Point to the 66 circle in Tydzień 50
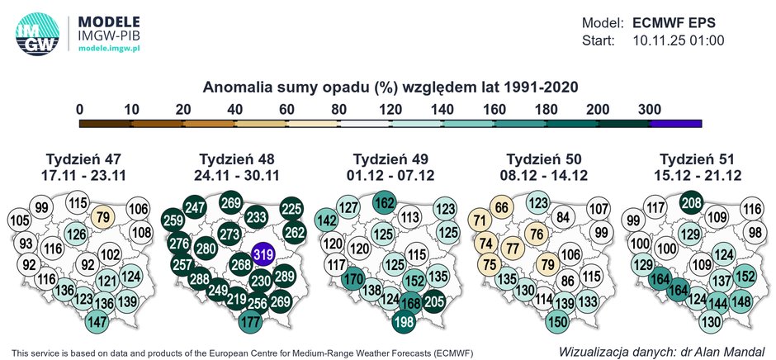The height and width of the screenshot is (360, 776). tap(500, 207)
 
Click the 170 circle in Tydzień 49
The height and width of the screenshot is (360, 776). tap(353, 278)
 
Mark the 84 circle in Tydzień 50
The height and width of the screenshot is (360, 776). tap(564, 217)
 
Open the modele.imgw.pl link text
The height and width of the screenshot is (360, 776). tap(109, 49)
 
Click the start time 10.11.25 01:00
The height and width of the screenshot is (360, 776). tap(678, 40)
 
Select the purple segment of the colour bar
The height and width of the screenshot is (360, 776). tap(676, 124)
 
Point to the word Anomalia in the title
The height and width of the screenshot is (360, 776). tap(238, 87)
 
